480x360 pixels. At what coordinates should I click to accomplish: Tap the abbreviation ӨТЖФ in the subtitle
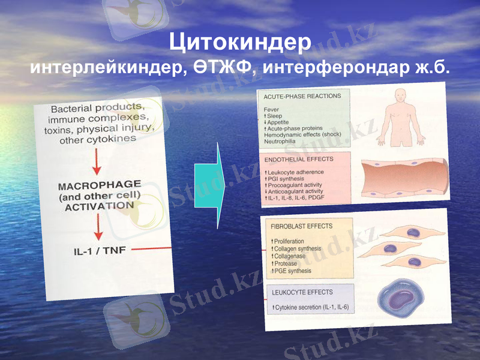click(x=226, y=67)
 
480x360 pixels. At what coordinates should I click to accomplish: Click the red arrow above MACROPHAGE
click(x=98, y=160)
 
